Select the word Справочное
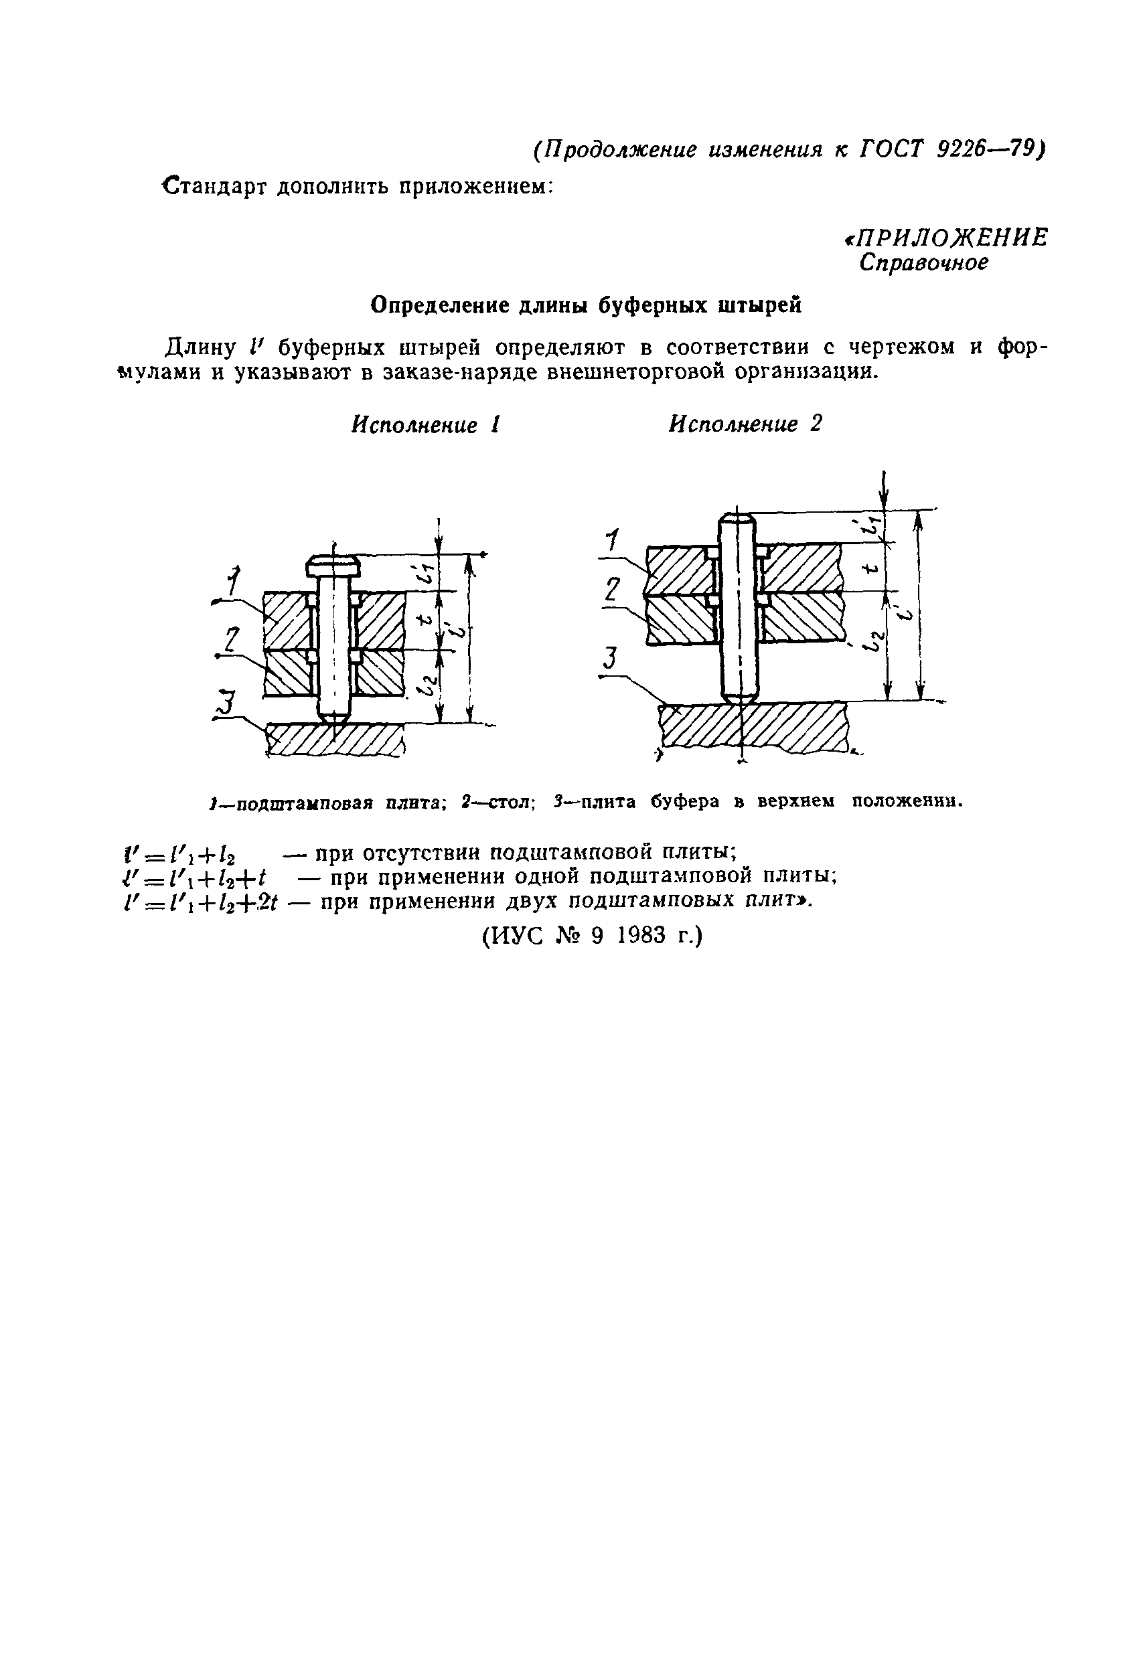click(x=923, y=264)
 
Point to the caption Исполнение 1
click(x=425, y=424)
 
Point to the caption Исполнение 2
click(x=745, y=424)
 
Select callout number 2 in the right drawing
click(x=611, y=590)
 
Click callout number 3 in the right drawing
click(x=610, y=659)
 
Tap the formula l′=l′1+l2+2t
click(x=202, y=902)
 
